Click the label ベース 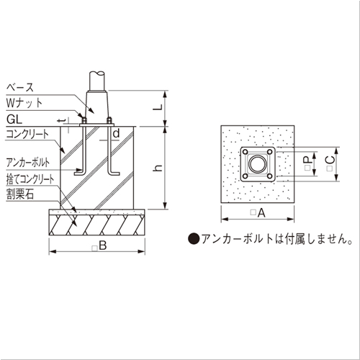pos(20,87)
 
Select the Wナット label pos(24,103)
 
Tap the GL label pos(14,120)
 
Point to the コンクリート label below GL pos(27,134)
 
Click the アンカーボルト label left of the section pos(28,163)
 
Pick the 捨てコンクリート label pos(30,179)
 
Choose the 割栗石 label pos(20,194)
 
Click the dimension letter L pos(158,107)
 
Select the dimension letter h pos(158,168)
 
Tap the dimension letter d pos(116,133)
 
